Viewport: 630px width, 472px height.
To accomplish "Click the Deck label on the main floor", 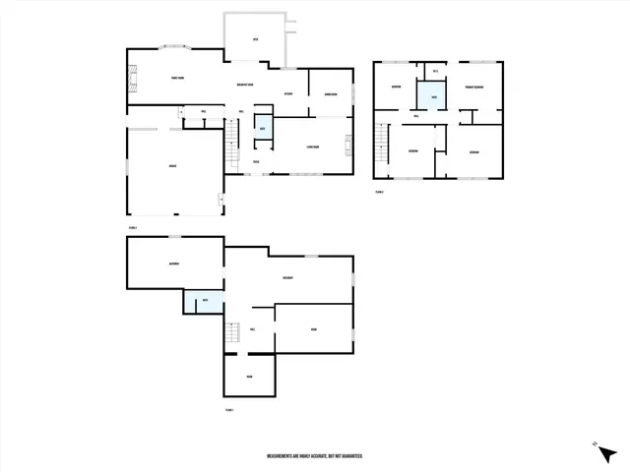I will click(x=255, y=40).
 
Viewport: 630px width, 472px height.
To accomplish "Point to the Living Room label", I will click(x=312, y=147).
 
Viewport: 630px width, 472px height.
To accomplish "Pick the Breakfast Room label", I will click(x=246, y=85).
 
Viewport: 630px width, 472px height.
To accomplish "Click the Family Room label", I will click(x=178, y=78).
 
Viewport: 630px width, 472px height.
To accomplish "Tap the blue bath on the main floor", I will click(x=263, y=129).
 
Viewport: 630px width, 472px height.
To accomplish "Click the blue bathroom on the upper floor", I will click(x=430, y=95).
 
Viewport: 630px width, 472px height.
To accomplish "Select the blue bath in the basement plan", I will click(x=204, y=301).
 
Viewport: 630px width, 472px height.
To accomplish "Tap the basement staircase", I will click(x=232, y=333).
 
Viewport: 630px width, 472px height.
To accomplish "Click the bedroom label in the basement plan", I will click(x=173, y=264).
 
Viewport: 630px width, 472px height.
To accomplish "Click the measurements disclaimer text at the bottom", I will click(x=315, y=456).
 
